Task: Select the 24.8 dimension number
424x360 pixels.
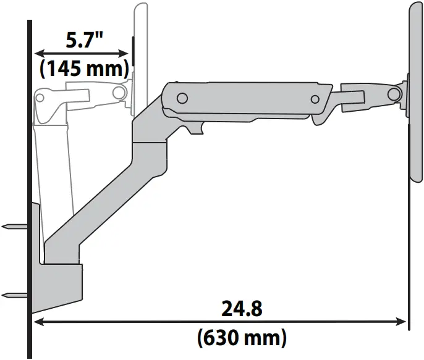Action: (x=241, y=308)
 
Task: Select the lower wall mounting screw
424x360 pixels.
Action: (x=14, y=295)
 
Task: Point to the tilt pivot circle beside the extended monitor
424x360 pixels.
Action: (x=392, y=94)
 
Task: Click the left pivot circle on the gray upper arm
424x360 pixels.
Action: (x=182, y=98)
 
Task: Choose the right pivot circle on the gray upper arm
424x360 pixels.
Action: (x=315, y=99)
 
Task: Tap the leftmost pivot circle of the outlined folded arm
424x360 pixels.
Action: (x=41, y=97)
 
